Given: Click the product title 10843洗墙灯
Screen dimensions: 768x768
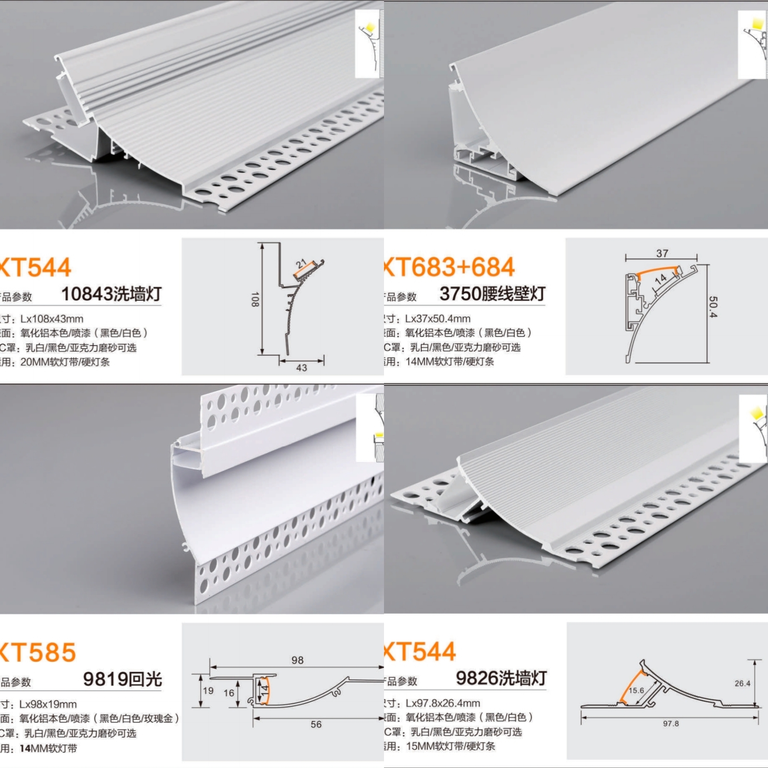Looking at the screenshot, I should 111,294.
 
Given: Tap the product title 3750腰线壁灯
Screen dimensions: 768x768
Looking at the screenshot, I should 492,294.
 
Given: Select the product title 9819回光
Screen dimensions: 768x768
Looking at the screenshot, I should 122,679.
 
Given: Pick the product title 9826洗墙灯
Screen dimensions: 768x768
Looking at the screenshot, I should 501,678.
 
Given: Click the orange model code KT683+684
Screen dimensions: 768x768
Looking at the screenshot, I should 449,267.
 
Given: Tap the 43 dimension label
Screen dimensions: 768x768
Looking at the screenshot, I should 301,368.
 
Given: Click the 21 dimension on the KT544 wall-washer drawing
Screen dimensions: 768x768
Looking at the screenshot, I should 301,263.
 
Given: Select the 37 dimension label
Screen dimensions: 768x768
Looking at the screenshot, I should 662,253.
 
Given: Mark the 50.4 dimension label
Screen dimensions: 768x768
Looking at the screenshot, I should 713,307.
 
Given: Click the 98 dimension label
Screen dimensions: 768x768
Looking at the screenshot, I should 297,660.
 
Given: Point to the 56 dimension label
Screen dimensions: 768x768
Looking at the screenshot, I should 316,725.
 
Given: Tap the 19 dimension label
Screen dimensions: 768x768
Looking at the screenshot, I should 208,691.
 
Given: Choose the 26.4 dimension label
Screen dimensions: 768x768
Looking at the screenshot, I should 742,684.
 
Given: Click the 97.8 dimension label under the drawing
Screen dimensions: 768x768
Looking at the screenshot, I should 671,724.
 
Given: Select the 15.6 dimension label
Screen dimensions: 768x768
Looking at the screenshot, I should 636,691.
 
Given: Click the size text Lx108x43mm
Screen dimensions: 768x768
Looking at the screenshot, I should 52,319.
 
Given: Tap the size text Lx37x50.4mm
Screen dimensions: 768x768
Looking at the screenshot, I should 438,319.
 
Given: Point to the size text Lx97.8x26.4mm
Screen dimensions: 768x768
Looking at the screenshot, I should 442,703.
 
